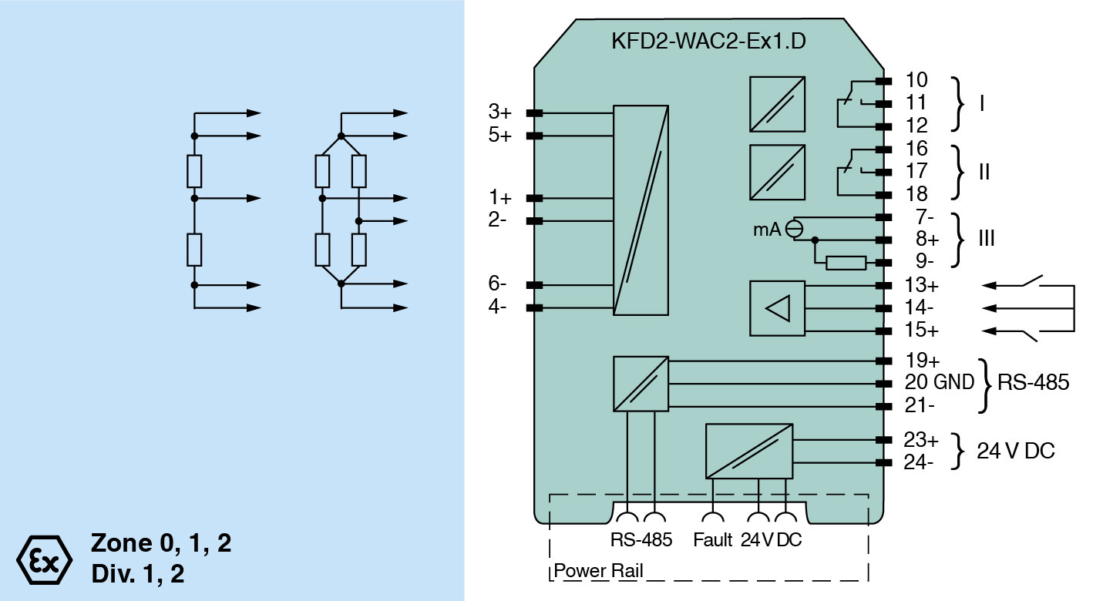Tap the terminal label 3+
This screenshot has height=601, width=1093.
click(x=499, y=112)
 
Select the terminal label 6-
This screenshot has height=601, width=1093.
click(x=498, y=284)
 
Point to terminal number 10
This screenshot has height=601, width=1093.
click(x=917, y=80)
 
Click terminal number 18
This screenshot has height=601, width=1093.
click(x=917, y=193)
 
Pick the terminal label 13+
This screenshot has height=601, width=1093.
click(x=922, y=286)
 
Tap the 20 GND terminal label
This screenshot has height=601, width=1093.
click(x=939, y=382)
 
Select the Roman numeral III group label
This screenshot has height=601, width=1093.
click(x=986, y=239)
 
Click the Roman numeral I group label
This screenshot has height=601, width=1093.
click(x=981, y=102)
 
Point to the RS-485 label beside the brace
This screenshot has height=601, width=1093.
click(x=1034, y=382)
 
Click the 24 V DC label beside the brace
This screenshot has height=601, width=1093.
click(x=1016, y=452)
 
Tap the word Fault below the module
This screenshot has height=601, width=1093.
click(x=712, y=540)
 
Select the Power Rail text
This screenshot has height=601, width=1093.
click(x=599, y=572)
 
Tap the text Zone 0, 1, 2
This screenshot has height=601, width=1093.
click(x=161, y=543)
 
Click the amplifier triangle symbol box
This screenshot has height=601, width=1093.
click(x=777, y=308)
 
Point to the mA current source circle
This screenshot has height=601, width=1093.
click(x=793, y=228)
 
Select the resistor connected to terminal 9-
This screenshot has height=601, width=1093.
click(x=846, y=263)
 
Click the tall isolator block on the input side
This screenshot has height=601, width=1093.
click(x=641, y=210)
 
